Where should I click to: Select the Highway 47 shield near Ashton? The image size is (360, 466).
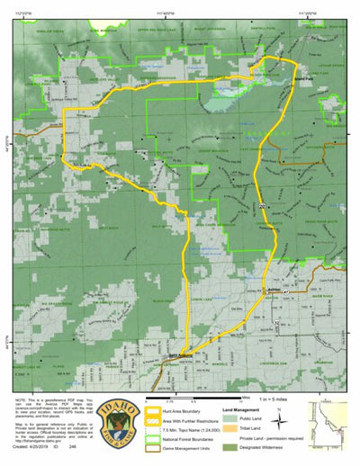[286, 293]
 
